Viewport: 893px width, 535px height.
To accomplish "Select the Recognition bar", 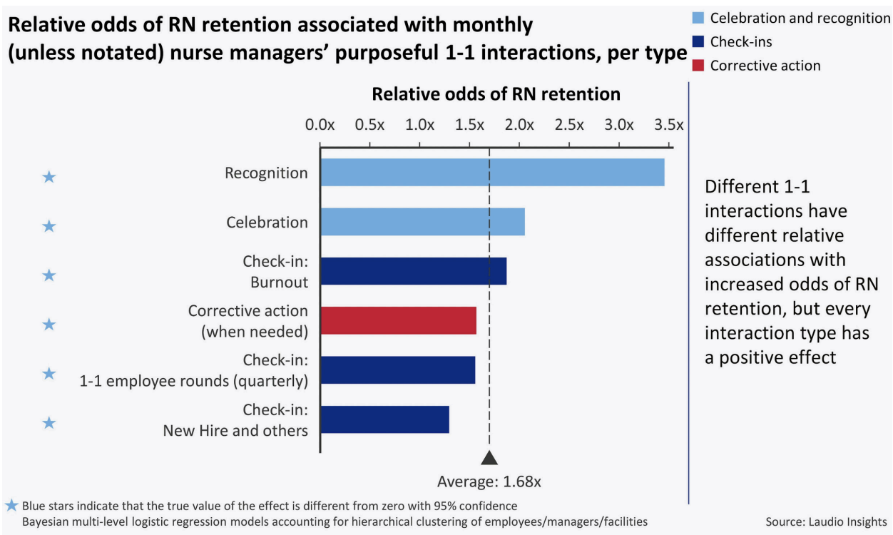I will tap(492, 173).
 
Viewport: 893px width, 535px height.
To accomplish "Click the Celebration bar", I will tap(422, 222).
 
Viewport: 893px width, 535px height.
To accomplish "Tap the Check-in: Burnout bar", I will tap(413, 271).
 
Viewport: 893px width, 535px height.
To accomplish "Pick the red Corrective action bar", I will tap(398, 320).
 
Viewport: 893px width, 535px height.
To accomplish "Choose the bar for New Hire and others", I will tap(384, 419).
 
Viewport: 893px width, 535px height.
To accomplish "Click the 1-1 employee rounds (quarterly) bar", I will tap(397, 370).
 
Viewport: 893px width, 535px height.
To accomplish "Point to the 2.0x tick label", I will tap(519, 125).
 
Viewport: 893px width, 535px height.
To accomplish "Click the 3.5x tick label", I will tap(668, 125).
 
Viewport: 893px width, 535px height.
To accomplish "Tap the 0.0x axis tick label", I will tap(320, 125).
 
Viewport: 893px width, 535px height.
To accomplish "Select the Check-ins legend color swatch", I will tap(699, 42).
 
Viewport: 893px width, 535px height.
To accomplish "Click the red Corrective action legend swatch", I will tap(699, 66).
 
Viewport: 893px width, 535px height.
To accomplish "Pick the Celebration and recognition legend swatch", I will tap(699, 18).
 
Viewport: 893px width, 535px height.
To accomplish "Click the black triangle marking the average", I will tap(489, 458).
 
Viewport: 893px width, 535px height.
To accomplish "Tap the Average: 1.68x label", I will tap(489, 481).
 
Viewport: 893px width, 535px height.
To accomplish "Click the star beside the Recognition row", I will tap(49, 177).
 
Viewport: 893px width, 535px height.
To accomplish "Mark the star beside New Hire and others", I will tap(49, 423).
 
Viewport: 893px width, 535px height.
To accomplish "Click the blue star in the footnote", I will tap(11, 506).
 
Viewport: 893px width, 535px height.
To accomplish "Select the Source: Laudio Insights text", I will tap(826, 521).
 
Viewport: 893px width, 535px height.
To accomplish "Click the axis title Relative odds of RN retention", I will tap(496, 94).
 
